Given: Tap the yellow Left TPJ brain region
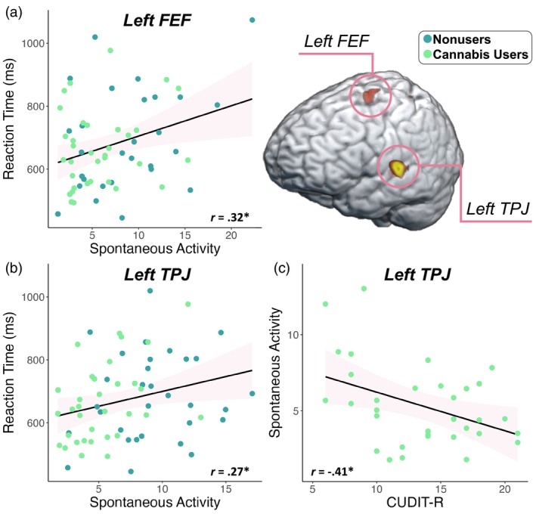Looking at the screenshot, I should click(x=396, y=168).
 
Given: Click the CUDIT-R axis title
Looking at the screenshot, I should click(x=410, y=503).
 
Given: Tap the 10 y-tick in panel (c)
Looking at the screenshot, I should click(x=297, y=335).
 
